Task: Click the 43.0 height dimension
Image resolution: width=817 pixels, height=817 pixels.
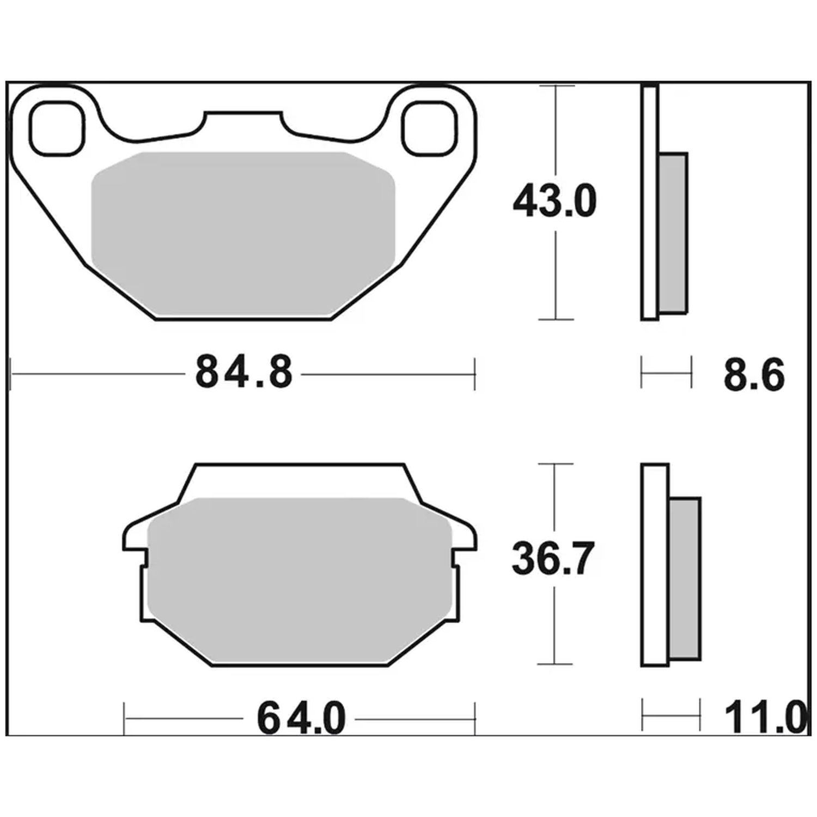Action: click(555, 201)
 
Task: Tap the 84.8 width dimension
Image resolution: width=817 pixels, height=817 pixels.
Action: click(243, 373)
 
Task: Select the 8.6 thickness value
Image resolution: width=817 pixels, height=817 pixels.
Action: click(754, 375)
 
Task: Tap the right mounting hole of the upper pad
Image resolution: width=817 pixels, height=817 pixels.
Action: click(428, 127)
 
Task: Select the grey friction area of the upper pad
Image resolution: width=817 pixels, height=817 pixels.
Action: click(243, 234)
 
